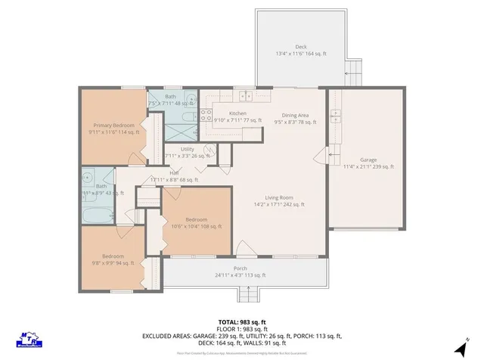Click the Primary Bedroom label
[x=114, y=125]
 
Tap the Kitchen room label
[x=228, y=113]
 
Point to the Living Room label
[x=273, y=198]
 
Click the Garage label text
[x=368, y=160]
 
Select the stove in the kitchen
[x=206, y=115]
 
